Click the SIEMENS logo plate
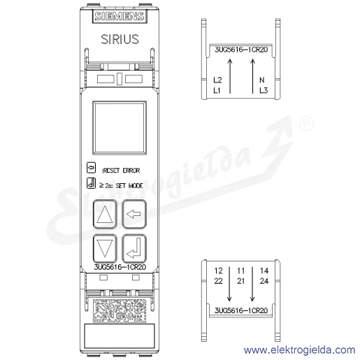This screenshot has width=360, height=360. [120, 16]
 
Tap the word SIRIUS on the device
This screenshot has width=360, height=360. [120, 39]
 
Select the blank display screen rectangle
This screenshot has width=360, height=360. [120, 128]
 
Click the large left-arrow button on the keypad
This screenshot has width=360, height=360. [134, 214]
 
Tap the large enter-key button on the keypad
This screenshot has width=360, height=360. [134, 248]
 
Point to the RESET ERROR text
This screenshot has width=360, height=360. [121, 171]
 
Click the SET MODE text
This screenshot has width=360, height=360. [129, 186]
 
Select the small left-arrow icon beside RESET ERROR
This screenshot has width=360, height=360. [91, 168]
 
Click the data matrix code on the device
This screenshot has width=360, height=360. [120, 310]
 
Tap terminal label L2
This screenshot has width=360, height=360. [217, 80]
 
